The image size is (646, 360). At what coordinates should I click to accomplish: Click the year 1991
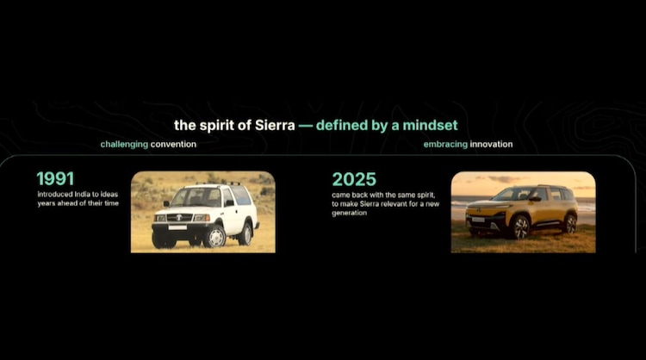(55, 179)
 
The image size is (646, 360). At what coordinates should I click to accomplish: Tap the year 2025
(354, 180)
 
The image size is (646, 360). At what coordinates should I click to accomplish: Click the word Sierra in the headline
(275, 125)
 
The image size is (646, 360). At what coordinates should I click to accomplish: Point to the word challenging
(124, 145)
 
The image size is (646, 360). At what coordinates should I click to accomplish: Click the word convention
(173, 144)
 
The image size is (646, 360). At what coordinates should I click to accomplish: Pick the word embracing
(445, 145)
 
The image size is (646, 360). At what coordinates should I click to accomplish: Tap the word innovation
(491, 144)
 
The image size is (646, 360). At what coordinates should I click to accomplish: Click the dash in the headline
(305, 126)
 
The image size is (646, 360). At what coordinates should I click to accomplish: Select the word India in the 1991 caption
(82, 194)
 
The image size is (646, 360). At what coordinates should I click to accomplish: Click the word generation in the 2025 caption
(350, 213)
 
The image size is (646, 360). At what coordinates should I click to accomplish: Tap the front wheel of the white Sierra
(215, 237)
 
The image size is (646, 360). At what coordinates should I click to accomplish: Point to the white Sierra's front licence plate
(177, 227)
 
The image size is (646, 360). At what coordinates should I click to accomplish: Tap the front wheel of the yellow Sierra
(520, 227)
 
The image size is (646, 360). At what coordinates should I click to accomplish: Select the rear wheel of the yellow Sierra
(570, 224)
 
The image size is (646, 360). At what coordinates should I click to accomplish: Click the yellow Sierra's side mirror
(535, 199)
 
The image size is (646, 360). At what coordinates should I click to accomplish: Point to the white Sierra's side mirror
(228, 202)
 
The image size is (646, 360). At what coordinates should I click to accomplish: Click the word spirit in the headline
(218, 125)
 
